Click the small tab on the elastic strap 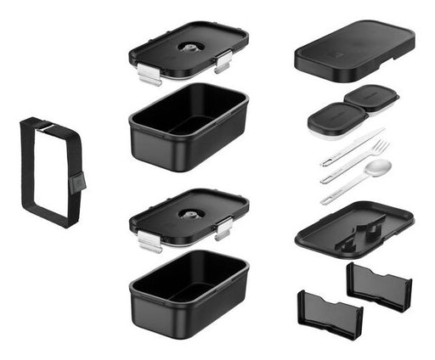click(x=76, y=182)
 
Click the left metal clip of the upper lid click(x=149, y=75)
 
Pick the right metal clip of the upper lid click(x=223, y=61)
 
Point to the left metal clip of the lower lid click(x=149, y=242)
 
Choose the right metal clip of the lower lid click(x=223, y=228)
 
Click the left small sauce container click(x=327, y=120)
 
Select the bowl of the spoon click(x=379, y=167)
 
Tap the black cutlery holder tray click(x=354, y=227)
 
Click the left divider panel click(x=330, y=312)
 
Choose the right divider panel click(x=379, y=284)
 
